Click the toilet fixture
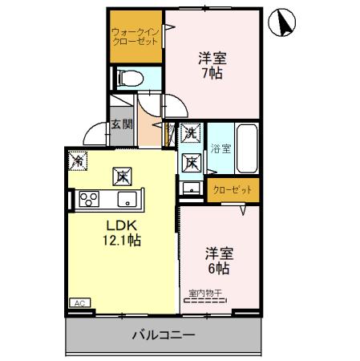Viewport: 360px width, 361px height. tap(128, 79)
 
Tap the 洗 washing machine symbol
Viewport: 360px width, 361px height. tap(190, 133)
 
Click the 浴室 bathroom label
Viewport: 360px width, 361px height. tap(220, 148)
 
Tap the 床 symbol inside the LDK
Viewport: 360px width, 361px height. tap(121, 173)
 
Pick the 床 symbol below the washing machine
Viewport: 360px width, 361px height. tap(191, 161)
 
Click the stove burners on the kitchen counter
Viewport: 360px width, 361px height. tap(87, 199)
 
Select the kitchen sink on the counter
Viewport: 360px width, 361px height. tap(127, 199)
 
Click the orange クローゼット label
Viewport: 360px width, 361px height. tap(233, 190)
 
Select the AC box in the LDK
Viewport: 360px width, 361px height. tap(80, 303)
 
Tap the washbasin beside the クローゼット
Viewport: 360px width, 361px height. tap(191, 189)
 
